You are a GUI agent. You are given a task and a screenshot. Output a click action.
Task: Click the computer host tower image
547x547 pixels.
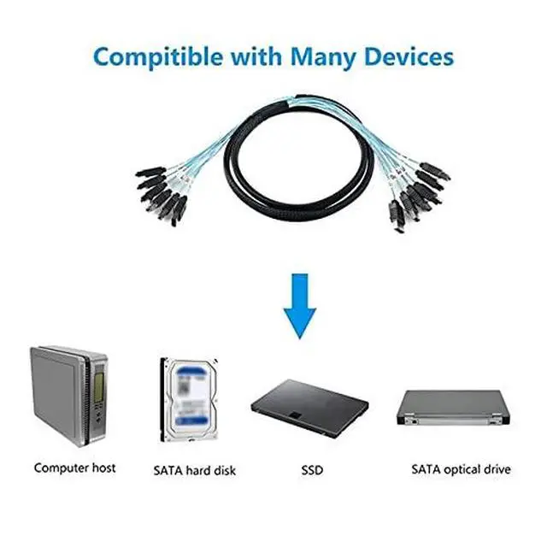pos(72,395)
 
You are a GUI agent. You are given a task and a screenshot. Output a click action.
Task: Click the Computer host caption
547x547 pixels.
pos(74,468)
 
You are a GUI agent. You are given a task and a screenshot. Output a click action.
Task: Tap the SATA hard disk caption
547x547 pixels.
pos(194,470)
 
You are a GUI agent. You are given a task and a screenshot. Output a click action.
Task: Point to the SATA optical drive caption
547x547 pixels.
pos(461,469)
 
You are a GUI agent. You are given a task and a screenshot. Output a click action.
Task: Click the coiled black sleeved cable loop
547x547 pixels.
pos(273,162)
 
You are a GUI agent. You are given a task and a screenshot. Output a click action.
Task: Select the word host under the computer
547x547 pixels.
pos(103,468)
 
